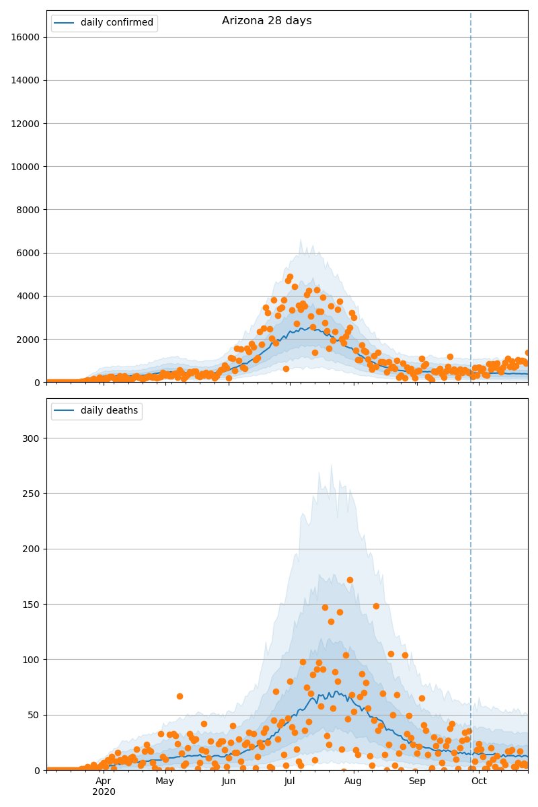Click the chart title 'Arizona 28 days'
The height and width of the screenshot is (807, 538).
coord(266,21)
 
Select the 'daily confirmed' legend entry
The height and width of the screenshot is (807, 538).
coord(116,23)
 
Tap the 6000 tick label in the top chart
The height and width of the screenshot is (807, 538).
coord(30,253)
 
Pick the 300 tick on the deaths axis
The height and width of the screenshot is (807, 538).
coord(33,438)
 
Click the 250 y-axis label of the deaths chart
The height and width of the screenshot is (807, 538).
coord(33,494)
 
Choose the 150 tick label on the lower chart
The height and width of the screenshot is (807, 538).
coord(33,604)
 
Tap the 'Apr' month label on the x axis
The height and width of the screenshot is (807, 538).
coord(104,781)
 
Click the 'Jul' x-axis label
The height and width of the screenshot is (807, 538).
coord(289,781)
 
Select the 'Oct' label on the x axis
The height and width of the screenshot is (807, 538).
coord(479,781)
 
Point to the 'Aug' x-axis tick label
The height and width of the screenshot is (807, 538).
coord(353,781)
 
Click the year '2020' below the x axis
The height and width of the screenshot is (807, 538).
coord(104,792)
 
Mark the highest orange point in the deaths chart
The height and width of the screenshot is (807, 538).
coord(350,580)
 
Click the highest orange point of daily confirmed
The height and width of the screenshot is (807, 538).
coord(290,276)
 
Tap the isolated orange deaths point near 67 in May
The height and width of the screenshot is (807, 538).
coord(180,696)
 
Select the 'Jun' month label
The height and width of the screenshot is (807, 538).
coord(229,781)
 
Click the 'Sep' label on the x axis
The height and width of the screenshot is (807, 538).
coord(417,781)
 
